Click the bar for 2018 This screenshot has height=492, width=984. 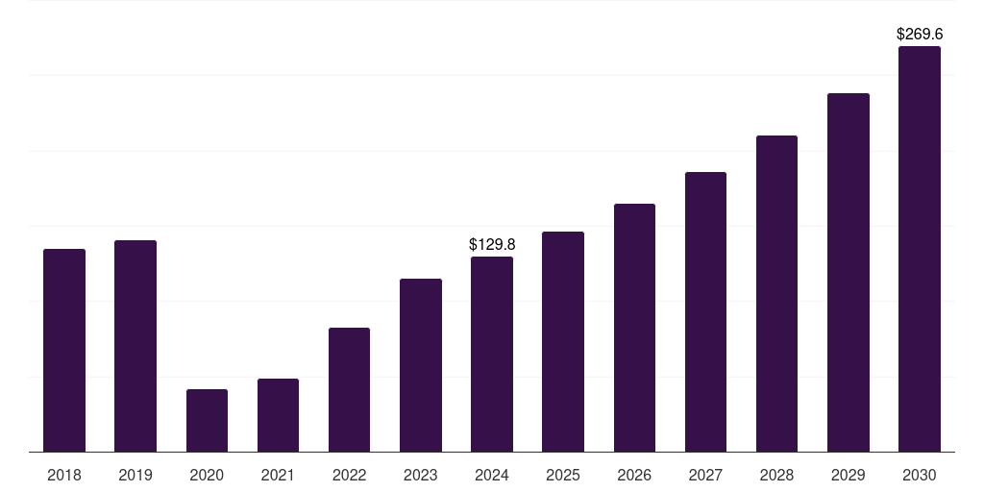(x=64, y=351)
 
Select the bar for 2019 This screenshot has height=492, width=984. (x=135, y=346)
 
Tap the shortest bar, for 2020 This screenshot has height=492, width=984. (x=207, y=421)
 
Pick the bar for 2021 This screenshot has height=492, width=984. (x=278, y=415)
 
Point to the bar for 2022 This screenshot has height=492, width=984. (x=349, y=390)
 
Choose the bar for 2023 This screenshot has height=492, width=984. (x=421, y=365)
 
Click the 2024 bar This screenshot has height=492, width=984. (x=492, y=355)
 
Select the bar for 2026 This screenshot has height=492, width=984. (x=634, y=328)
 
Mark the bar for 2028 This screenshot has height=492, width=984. (x=776, y=294)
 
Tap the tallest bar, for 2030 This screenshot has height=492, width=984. (x=920, y=249)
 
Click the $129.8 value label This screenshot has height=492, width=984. (x=492, y=245)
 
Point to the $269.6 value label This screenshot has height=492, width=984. (x=920, y=35)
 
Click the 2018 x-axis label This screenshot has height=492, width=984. (x=64, y=475)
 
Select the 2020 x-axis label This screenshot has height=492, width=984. (x=207, y=475)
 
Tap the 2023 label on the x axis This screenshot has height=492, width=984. (x=421, y=475)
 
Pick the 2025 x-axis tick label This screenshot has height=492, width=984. (x=563, y=475)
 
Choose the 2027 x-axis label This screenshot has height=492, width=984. (x=705, y=475)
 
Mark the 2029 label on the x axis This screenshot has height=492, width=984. (x=849, y=475)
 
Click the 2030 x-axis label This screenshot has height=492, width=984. (x=920, y=475)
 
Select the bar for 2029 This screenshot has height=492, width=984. (x=849, y=273)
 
